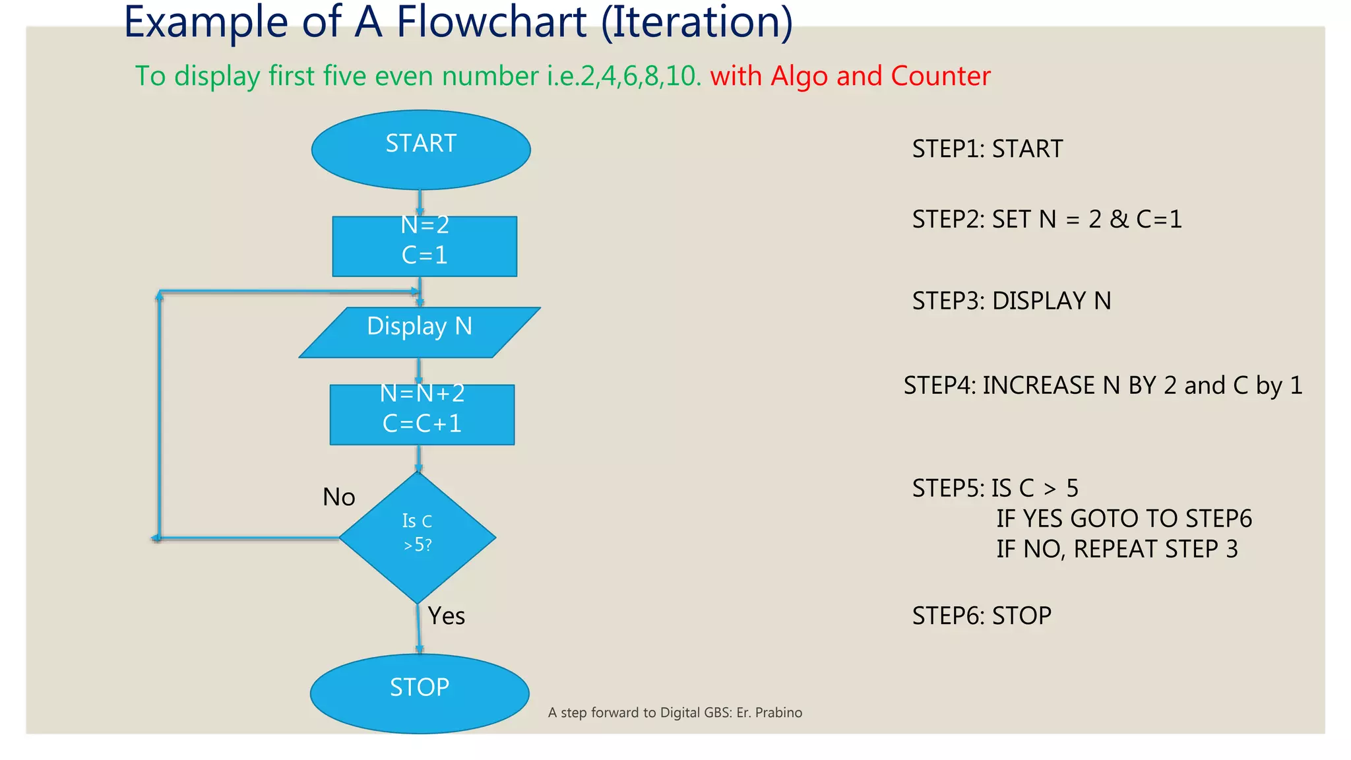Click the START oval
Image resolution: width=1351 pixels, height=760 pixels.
(x=421, y=150)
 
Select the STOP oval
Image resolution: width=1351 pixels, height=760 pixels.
(x=420, y=693)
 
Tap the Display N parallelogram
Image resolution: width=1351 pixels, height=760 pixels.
(x=420, y=332)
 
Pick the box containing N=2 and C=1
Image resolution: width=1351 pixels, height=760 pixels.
(x=424, y=246)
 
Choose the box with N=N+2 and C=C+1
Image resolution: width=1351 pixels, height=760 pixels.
(x=422, y=414)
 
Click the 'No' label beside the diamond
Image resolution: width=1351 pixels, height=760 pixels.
(x=338, y=497)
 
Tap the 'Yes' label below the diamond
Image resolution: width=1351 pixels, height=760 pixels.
(x=447, y=616)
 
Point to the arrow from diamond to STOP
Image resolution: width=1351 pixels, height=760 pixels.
(x=418, y=630)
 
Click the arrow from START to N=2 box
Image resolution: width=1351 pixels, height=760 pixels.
(x=420, y=203)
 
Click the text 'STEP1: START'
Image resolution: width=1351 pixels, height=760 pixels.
(x=987, y=149)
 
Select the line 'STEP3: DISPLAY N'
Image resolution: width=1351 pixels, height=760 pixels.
(x=1011, y=301)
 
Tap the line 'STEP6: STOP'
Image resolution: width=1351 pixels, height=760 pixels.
(x=982, y=616)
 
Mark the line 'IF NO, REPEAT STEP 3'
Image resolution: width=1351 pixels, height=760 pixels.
(x=1117, y=549)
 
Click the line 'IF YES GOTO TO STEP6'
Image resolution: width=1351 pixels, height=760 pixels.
(x=1123, y=519)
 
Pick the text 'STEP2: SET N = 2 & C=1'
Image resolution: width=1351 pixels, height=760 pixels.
(x=1047, y=219)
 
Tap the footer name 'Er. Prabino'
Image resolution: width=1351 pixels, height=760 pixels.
(x=769, y=712)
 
